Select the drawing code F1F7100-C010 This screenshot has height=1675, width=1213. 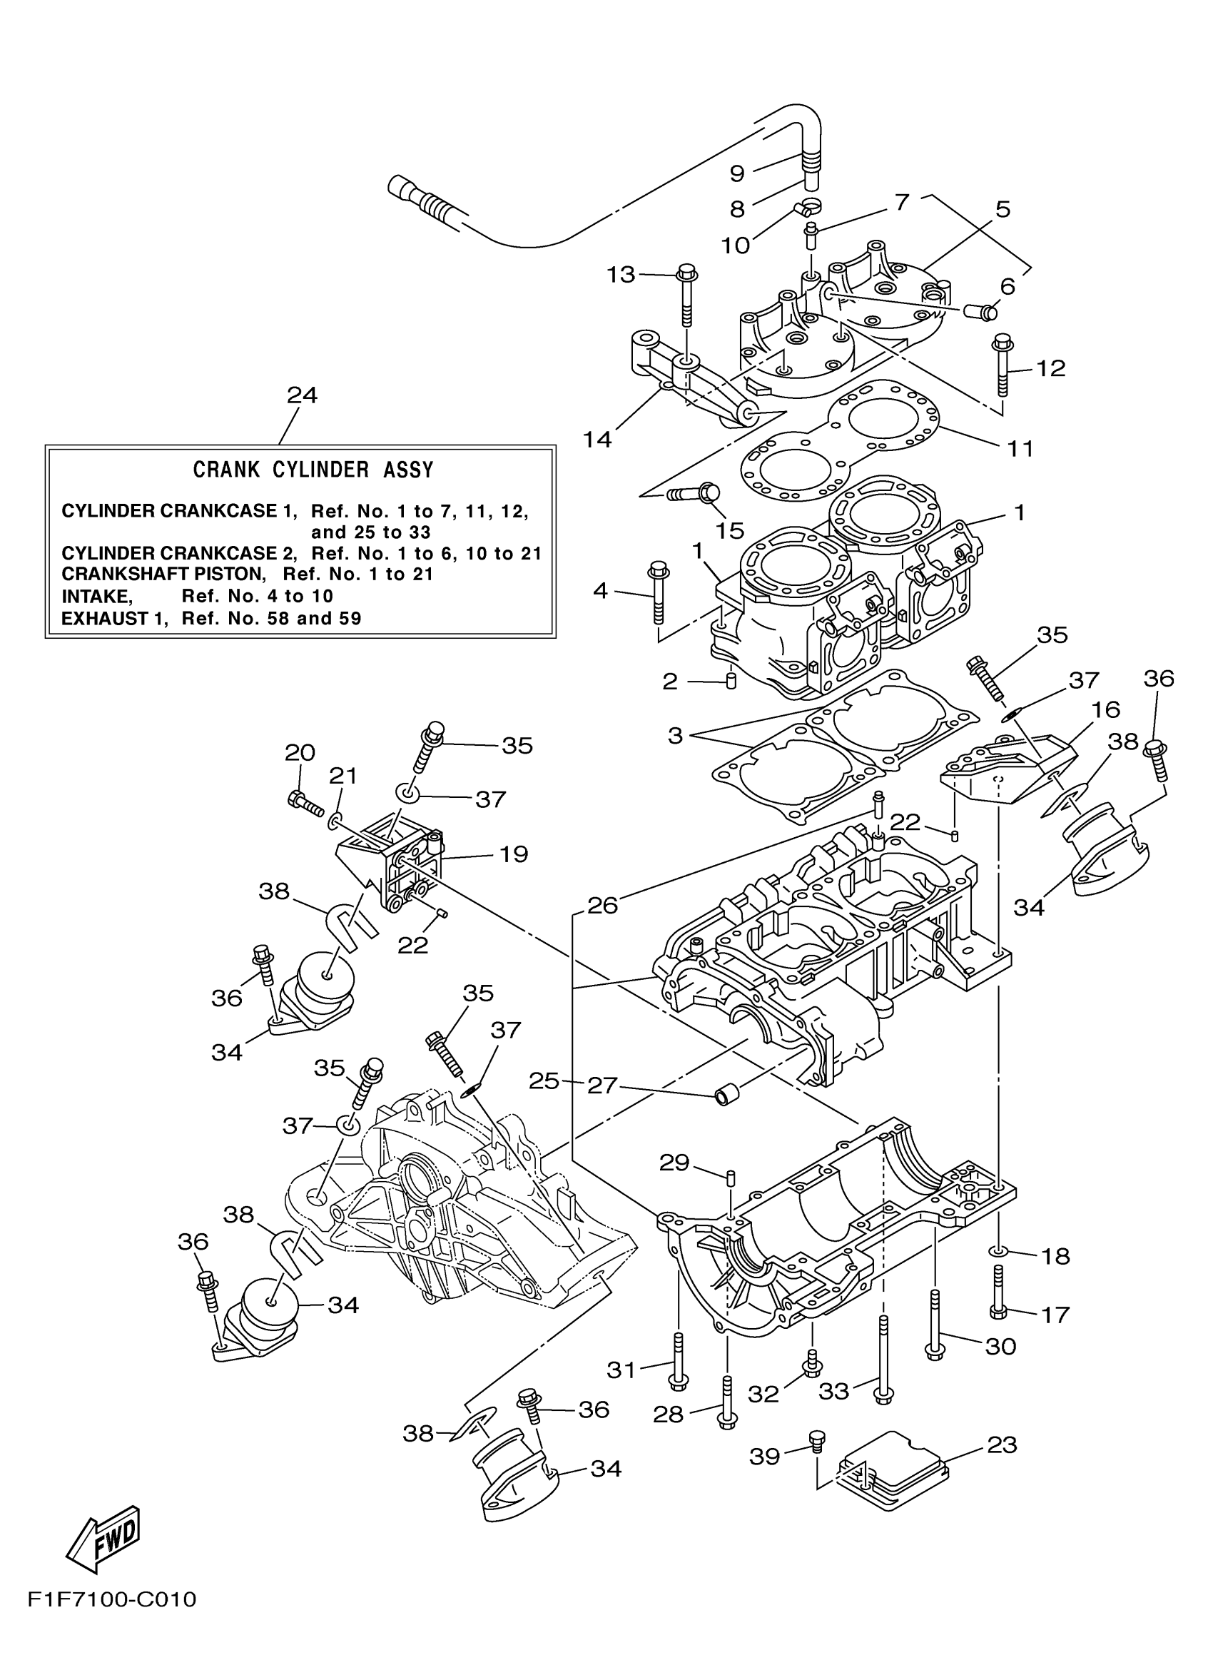pos(112,1620)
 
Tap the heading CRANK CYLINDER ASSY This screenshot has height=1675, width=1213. pos(313,470)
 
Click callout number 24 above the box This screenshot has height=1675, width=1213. pos(302,396)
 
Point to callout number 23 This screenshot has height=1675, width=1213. pos(1002,1444)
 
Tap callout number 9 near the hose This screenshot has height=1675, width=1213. pos(737,173)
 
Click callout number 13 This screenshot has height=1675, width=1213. pos(620,275)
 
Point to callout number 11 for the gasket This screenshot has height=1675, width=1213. pos(1021,448)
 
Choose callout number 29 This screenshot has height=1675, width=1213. pos(674,1163)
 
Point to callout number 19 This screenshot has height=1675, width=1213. pos(514,854)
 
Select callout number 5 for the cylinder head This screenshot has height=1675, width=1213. pos(1002,209)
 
